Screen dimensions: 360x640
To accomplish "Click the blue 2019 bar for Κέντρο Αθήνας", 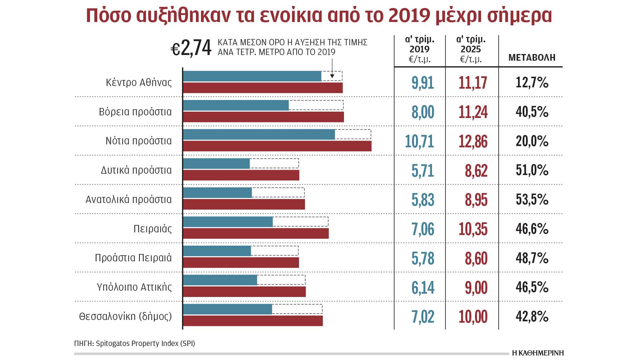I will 252,76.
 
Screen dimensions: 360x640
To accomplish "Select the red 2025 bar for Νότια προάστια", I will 277,146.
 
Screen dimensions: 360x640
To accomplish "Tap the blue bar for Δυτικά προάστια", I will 216,164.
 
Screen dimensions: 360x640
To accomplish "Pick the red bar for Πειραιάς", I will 256,233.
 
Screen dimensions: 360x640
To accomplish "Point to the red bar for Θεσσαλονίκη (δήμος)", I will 253,321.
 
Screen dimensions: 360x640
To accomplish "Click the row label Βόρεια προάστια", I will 135,112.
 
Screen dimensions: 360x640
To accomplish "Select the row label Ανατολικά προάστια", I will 128,199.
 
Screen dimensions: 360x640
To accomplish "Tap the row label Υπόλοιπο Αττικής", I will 134,287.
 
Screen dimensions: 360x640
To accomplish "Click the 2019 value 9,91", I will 422,83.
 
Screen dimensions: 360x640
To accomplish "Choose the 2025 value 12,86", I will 473,141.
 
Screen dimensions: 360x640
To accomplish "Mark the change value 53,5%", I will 532,200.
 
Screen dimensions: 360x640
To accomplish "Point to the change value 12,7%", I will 532,82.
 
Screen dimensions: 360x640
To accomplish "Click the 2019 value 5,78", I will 423,258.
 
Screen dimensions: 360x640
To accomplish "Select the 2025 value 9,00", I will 476,288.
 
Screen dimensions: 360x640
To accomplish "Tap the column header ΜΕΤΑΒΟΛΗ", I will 532,58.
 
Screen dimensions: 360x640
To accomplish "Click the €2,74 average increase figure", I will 191,48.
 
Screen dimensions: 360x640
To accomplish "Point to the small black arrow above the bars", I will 332,75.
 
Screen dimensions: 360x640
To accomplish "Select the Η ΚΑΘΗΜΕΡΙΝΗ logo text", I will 538,353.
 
